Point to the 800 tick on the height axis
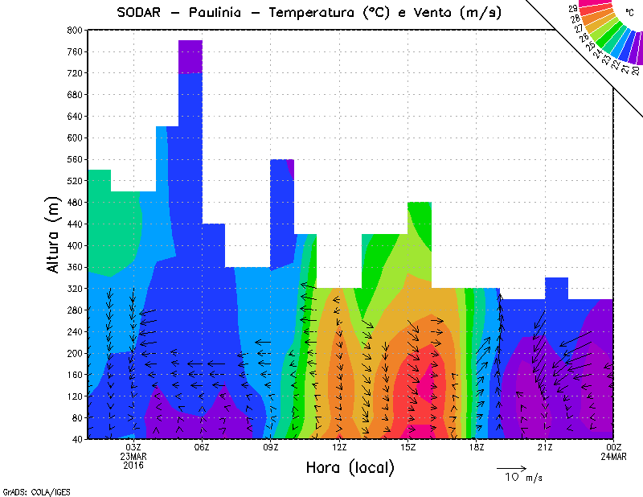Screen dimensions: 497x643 [75, 30]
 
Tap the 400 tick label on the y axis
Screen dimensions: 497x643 [75, 245]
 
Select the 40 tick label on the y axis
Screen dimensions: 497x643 [77, 439]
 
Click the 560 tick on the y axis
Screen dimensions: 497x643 [75, 159]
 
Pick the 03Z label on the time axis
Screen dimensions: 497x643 [133, 448]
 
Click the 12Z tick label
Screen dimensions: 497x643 [339, 448]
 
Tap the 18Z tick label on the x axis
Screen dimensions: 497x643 [477, 448]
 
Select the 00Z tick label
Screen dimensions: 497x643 [613, 448]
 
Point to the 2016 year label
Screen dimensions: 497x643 [133, 466]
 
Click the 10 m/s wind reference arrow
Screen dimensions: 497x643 [510, 467]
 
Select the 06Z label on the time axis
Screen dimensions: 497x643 [202, 448]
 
